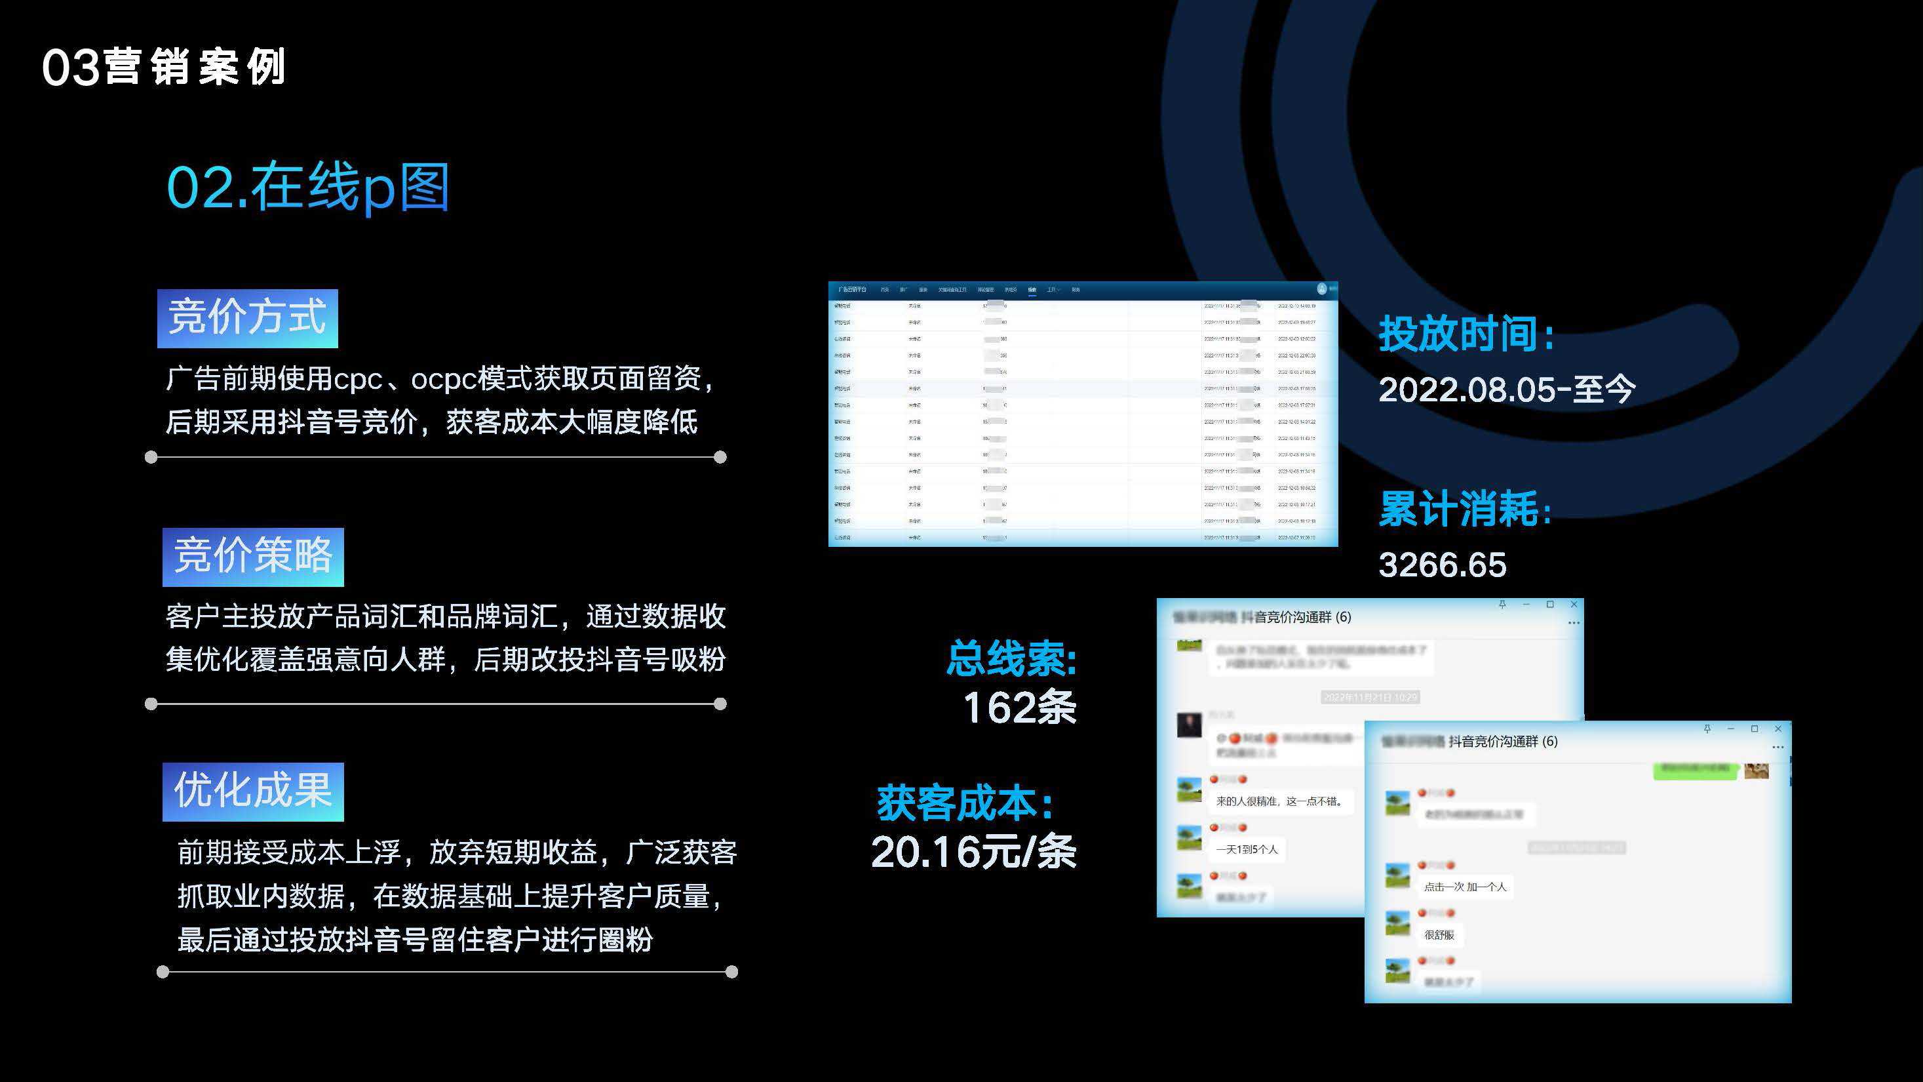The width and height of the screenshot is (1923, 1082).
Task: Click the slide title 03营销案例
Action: (x=163, y=67)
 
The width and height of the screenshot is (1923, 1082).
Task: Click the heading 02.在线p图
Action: (x=307, y=188)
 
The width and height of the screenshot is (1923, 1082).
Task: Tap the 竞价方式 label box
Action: (x=247, y=318)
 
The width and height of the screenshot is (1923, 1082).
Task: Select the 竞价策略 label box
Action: (x=253, y=557)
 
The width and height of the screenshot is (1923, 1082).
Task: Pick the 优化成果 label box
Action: (x=253, y=791)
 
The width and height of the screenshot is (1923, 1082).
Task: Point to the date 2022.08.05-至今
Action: (x=1506, y=389)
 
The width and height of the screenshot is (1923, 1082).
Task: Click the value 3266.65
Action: (x=1442, y=565)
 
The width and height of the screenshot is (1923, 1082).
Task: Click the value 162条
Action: (x=1020, y=707)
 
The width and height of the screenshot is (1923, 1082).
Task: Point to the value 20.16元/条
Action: (x=973, y=852)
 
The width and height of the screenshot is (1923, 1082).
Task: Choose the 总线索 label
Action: (x=1011, y=658)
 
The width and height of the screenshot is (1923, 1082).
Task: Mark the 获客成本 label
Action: (x=965, y=803)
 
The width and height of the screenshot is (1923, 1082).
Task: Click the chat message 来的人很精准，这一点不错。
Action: (x=1279, y=801)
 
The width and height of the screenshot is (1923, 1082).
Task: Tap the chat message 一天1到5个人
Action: (x=1247, y=849)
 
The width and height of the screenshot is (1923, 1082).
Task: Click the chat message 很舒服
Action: (x=1439, y=934)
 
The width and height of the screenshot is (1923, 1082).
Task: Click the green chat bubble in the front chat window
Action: (x=1696, y=770)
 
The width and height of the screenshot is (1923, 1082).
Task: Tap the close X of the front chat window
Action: (x=1777, y=729)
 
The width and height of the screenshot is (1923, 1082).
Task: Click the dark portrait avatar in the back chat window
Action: (x=1189, y=725)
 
